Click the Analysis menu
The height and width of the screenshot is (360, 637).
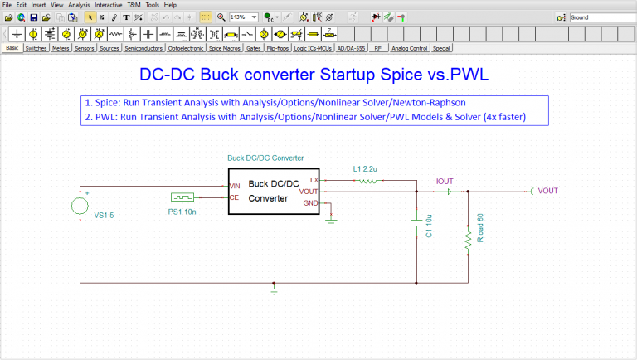[x=79, y=5]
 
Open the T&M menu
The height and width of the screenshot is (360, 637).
[x=134, y=5]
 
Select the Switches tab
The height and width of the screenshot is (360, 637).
[x=36, y=49]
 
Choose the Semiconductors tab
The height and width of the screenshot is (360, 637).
[x=143, y=49]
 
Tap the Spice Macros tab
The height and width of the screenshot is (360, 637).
[x=225, y=49]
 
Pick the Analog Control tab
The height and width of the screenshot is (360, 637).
[x=409, y=49]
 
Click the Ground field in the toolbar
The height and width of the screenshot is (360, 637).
[x=601, y=17]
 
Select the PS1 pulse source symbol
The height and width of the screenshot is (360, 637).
[x=182, y=197]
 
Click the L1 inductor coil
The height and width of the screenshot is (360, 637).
[x=366, y=180]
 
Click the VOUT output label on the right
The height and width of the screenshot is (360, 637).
[x=547, y=192]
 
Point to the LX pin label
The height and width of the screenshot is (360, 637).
[x=314, y=179]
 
